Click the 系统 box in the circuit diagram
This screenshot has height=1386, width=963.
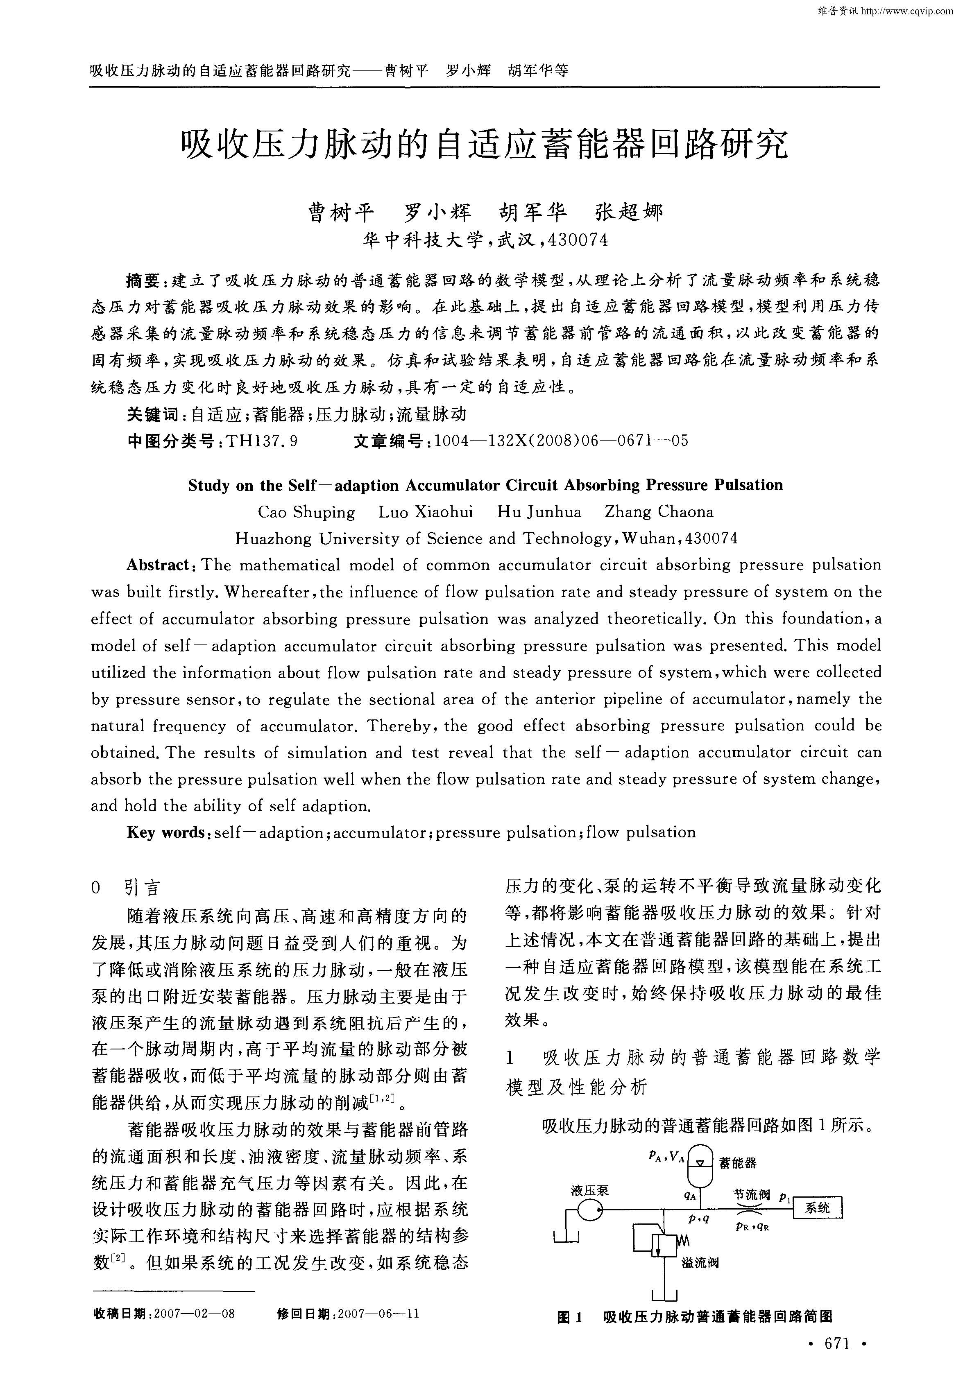[817, 1208]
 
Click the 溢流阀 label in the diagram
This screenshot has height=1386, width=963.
[700, 1262]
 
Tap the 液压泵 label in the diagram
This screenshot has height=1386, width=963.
[589, 1190]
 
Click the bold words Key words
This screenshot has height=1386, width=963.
[165, 833]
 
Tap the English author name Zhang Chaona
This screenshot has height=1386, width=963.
[659, 512]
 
